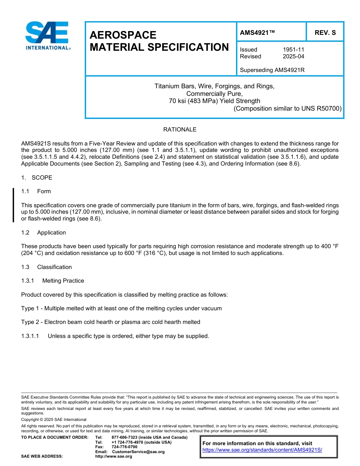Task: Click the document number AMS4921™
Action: pos(257,33)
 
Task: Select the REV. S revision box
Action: pos(325,33)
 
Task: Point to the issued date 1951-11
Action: pos(293,50)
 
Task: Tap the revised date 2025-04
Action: pos(293,56)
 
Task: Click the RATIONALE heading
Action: pos(180,130)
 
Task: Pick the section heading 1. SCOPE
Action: pos(37,178)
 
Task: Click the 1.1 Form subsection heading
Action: pos(36,191)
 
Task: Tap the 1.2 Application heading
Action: pos(44,233)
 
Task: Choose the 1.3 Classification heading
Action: pos(46,267)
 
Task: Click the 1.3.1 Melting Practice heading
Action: pos(53,281)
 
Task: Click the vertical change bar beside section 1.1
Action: pos(14,205)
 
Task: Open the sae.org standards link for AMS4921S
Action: pos(262,450)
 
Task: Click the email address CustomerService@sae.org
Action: pos(138,452)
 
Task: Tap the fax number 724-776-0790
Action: pos(124,447)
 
